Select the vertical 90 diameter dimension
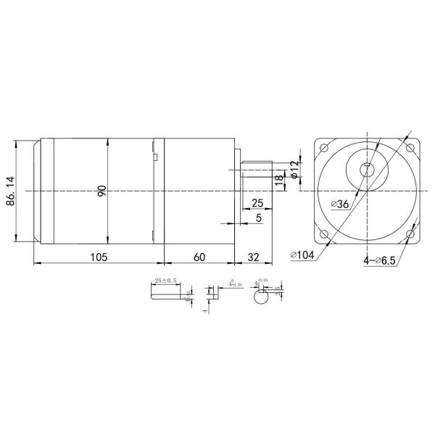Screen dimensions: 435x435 click(102, 191)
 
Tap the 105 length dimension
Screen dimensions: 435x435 click(99, 257)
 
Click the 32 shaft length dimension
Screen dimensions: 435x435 click(254, 257)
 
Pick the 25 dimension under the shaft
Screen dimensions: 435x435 click(257, 202)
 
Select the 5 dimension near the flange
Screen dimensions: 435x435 click(259, 217)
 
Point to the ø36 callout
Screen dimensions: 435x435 click(339, 205)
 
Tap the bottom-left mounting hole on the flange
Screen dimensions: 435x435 click(323, 233)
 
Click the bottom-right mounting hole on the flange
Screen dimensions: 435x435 click(411, 233)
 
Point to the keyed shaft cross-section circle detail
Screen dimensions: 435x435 click(261, 297)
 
